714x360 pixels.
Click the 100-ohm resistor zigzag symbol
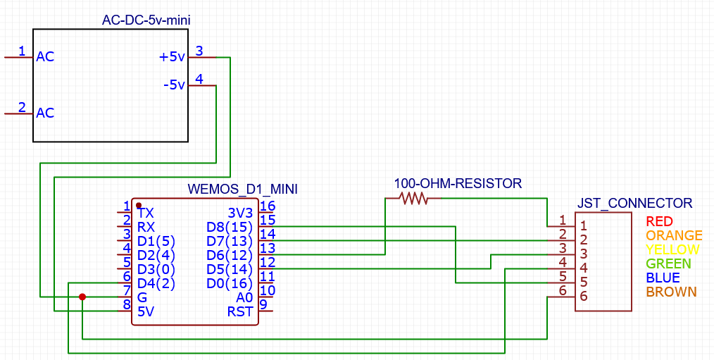click(413, 199)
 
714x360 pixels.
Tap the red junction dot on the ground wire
click(82, 297)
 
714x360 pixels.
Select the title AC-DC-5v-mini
click(146, 20)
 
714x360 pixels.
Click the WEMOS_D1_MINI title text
click(243, 190)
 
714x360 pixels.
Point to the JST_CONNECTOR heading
click(634, 204)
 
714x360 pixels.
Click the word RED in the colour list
click(660, 222)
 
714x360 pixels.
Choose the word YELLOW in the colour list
click(673, 250)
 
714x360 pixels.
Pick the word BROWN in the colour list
click(671, 292)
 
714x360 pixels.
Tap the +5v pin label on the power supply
click(172, 57)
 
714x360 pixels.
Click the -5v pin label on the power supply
click(173, 85)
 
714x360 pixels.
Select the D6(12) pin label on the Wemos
click(229, 255)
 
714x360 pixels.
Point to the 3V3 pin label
click(239, 213)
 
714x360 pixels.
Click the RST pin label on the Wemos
click(239, 311)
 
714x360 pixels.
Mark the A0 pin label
click(244, 297)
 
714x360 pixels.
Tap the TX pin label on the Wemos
click(145, 213)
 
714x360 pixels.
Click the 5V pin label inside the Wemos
click(146, 311)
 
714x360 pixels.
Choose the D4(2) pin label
click(156, 283)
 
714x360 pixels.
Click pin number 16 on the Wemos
click(267, 206)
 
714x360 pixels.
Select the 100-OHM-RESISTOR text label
click(458, 184)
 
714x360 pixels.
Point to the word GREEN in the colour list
click(668, 264)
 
